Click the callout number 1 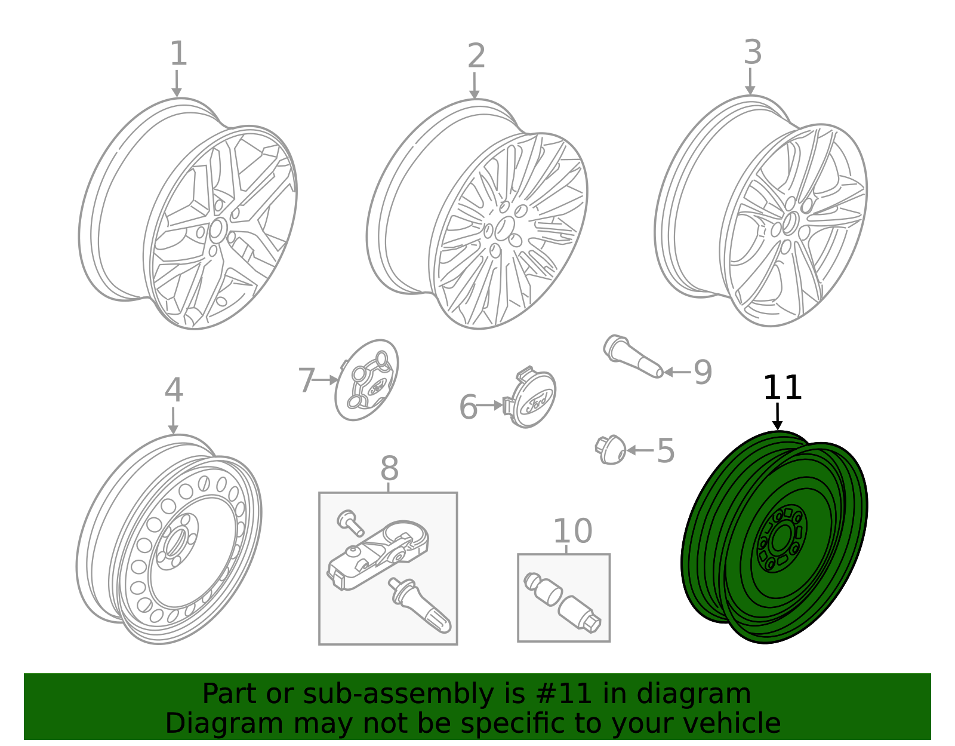[178, 54]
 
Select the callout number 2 [476, 56]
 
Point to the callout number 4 [174, 391]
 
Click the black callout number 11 [782, 388]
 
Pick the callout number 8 [389, 469]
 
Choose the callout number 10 [572, 531]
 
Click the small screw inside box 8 [350, 522]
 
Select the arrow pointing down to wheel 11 [777, 416]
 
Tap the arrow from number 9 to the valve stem [677, 372]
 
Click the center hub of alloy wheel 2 [504, 228]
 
